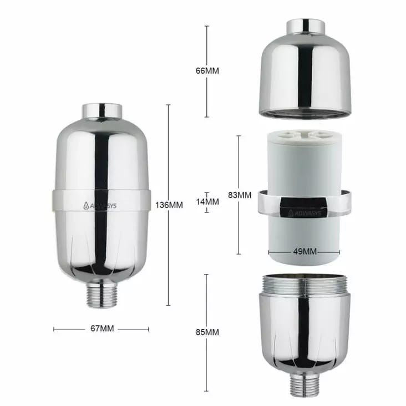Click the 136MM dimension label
169,205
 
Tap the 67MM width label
102,328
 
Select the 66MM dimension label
207,70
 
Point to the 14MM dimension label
207,202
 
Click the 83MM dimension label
240,195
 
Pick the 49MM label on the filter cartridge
304,251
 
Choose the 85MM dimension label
207,332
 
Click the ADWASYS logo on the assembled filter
100,206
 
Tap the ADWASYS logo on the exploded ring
304,213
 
